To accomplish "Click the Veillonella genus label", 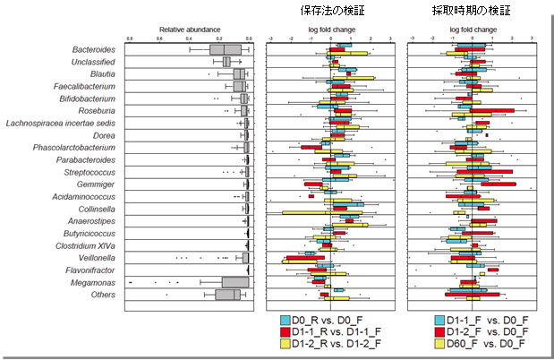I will click(x=95, y=257).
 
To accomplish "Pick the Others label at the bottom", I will click(x=101, y=294).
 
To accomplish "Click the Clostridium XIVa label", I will click(x=86, y=244).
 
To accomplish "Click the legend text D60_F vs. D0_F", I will click(x=488, y=344).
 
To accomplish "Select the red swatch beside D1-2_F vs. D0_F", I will click(x=440, y=331).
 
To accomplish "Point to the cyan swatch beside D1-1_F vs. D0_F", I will click(x=440, y=320).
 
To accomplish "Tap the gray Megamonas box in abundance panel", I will click(x=234, y=282).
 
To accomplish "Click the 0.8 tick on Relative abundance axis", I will click(x=131, y=38).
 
